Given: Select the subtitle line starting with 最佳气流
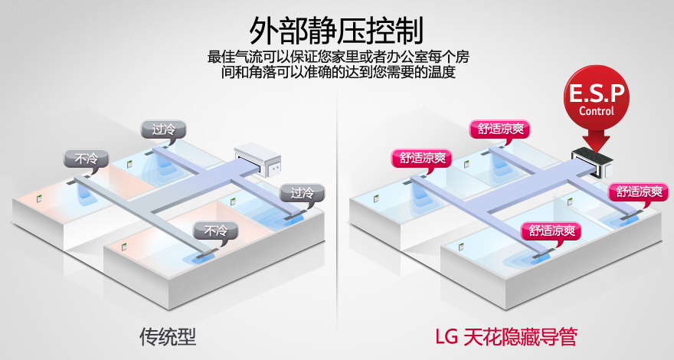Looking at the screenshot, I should click(336, 57).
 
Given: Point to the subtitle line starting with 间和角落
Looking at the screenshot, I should click(336, 74).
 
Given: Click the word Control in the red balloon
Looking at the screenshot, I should click(596, 111).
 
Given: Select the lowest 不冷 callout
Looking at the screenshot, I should click(211, 230).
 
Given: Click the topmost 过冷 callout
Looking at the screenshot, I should click(163, 129).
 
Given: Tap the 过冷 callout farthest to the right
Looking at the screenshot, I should click(297, 192).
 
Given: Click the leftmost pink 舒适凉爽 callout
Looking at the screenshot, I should click(421, 159).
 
